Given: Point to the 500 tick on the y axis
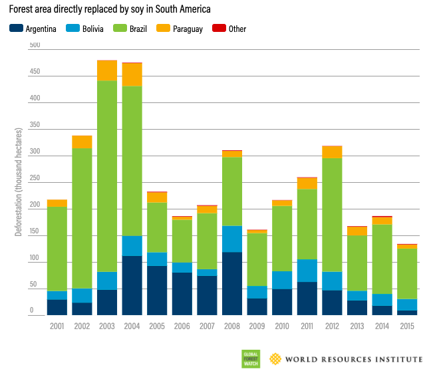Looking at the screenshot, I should (x=35, y=45).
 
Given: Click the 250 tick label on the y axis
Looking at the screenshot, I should (x=35, y=179).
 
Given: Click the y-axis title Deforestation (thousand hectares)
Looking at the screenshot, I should (x=18, y=180).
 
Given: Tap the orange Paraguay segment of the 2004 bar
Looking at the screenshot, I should (x=132, y=74).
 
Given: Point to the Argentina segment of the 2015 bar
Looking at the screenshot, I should (x=407, y=312).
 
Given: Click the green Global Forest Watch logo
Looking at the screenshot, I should (x=250, y=359).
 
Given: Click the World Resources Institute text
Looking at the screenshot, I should (x=353, y=359).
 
